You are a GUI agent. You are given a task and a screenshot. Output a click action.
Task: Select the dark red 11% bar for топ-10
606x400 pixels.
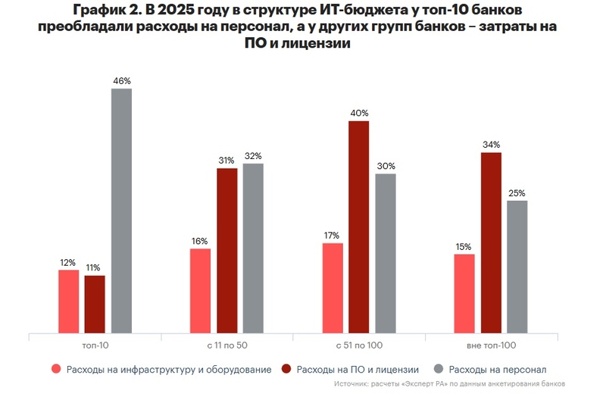click(x=95, y=304)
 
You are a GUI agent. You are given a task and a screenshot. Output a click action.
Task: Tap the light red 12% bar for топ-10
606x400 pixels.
click(x=68, y=301)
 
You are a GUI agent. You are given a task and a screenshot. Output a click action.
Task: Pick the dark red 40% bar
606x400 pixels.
click(x=358, y=227)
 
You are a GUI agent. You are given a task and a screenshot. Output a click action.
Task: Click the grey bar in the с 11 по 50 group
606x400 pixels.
click(x=253, y=248)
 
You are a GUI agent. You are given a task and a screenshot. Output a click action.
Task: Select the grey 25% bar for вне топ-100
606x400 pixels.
click(x=517, y=266)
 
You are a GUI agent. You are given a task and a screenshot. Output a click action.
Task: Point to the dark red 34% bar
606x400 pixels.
click(x=490, y=242)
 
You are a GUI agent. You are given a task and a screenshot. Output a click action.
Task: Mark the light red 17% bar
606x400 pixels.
click(x=332, y=288)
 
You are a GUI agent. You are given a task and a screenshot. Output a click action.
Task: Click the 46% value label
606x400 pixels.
click(x=121, y=80)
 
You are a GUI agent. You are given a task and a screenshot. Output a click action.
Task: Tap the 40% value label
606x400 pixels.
click(x=358, y=113)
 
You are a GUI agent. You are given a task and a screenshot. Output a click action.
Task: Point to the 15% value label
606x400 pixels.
click(x=464, y=246)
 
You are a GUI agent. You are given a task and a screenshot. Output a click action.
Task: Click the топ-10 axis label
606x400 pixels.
click(x=95, y=345)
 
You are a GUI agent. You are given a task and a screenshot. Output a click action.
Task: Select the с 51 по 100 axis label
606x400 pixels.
click(x=358, y=345)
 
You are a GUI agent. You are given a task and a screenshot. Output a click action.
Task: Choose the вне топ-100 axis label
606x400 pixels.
click(x=490, y=345)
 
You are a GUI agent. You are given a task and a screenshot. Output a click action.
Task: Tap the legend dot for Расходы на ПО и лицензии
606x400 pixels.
click(x=286, y=370)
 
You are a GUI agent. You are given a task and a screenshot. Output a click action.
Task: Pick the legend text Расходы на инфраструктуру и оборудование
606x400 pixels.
click(x=168, y=370)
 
